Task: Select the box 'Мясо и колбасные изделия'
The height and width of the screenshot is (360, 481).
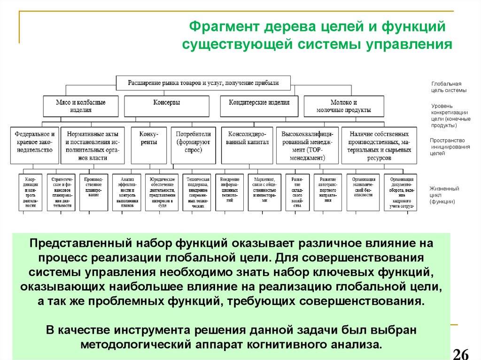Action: tap(81, 106)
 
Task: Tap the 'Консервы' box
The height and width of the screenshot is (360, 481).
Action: tap(167, 102)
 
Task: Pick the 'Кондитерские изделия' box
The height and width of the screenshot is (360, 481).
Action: tap(259, 102)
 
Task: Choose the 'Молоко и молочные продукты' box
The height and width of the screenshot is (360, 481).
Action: tap(344, 106)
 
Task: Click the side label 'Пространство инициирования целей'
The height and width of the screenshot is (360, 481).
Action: tap(447, 146)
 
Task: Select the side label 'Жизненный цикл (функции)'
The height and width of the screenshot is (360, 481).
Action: tap(444, 195)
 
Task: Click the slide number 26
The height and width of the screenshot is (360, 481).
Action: tap(463, 353)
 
